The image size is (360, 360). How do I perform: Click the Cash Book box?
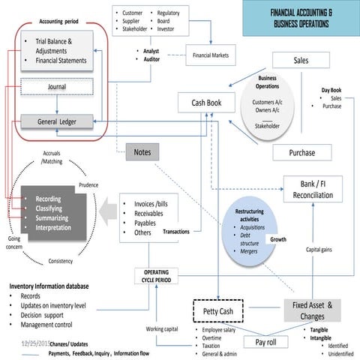point(208,102)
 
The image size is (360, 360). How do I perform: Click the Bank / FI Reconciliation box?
point(318,190)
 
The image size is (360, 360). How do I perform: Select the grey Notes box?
point(142,152)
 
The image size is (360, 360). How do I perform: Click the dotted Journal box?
point(56,87)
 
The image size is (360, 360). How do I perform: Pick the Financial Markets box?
point(211,55)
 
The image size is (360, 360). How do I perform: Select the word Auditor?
point(152,58)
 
